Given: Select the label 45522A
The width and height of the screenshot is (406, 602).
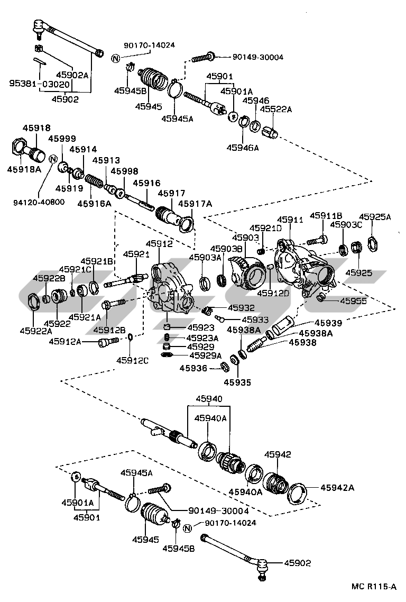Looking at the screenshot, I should pyautogui.click(x=274, y=110).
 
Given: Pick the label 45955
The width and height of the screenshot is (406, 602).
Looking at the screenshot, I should pyautogui.click(x=353, y=301).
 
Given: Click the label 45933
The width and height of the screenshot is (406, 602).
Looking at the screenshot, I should pyautogui.click(x=256, y=320).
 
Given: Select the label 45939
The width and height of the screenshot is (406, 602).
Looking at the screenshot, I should pyautogui.click(x=328, y=322).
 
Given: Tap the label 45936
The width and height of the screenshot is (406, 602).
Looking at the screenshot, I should pyautogui.click(x=193, y=368).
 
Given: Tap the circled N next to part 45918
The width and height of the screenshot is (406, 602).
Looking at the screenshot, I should pyautogui.click(x=53, y=159).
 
